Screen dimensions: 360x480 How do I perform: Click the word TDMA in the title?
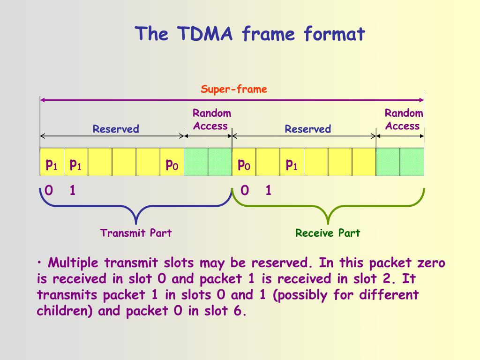coord(205,34)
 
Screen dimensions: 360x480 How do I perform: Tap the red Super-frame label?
coord(234,89)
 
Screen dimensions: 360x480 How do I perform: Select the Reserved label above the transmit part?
coord(116,129)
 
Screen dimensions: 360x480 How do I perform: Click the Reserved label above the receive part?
coord(308,129)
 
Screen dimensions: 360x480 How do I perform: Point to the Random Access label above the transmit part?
coord(211,120)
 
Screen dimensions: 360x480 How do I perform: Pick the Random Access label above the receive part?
coord(403,120)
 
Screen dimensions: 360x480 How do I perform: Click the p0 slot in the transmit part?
coord(172,164)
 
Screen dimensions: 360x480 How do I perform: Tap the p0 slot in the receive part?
coord(244,164)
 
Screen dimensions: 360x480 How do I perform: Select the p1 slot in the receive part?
coord(292,164)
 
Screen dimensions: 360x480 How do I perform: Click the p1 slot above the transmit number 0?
coord(51,164)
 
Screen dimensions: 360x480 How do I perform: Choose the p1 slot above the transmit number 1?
coord(75,164)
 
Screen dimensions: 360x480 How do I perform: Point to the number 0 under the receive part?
coord(244,191)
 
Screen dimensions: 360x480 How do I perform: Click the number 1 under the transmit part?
coord(73,191)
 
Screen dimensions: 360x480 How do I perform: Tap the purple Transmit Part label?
coord(136,233)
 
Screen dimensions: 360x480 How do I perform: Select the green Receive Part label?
coord(328,233)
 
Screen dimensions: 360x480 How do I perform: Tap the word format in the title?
coord(334,34)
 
